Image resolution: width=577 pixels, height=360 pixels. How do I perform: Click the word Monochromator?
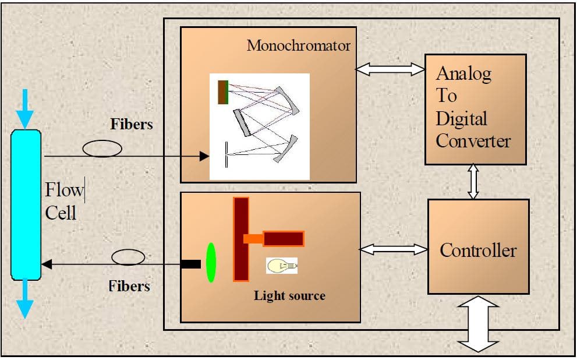298,45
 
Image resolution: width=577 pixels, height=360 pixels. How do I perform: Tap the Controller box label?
478,250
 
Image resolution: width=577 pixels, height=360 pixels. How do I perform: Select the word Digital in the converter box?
461,119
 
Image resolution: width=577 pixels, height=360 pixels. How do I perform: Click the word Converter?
473,141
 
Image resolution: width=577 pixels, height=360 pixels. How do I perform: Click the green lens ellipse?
211,263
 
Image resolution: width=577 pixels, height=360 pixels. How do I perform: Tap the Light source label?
289,295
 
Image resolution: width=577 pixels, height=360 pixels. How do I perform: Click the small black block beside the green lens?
190,264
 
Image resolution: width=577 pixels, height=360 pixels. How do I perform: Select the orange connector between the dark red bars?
253,238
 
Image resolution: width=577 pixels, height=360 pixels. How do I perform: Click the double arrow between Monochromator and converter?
390,69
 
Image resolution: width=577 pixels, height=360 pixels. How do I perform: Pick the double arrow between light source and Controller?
394,249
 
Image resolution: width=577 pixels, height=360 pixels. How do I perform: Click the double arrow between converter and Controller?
473,182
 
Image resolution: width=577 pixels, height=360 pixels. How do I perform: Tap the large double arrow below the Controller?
479,324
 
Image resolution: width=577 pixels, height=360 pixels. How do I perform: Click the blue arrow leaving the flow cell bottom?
24,299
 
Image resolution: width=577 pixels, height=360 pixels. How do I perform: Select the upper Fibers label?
132,124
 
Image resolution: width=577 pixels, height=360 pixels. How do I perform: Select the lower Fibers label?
129,286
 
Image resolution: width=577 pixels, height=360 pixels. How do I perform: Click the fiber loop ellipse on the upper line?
102,149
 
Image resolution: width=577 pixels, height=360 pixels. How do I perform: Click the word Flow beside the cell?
64,190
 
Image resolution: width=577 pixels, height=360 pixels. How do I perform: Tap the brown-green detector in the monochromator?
222,92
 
